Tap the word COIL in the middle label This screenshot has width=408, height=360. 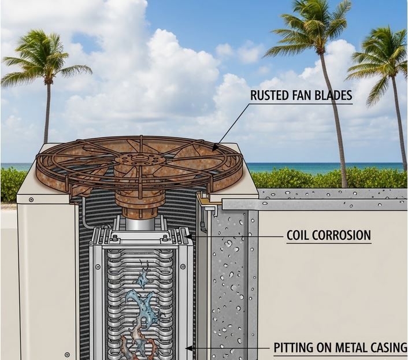(x=299, y=236)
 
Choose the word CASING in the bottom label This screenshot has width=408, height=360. (x=388, y=348)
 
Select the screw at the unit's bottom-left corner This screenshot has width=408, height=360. (x=68, y=354)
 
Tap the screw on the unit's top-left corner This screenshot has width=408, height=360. (x=31, y=200)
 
